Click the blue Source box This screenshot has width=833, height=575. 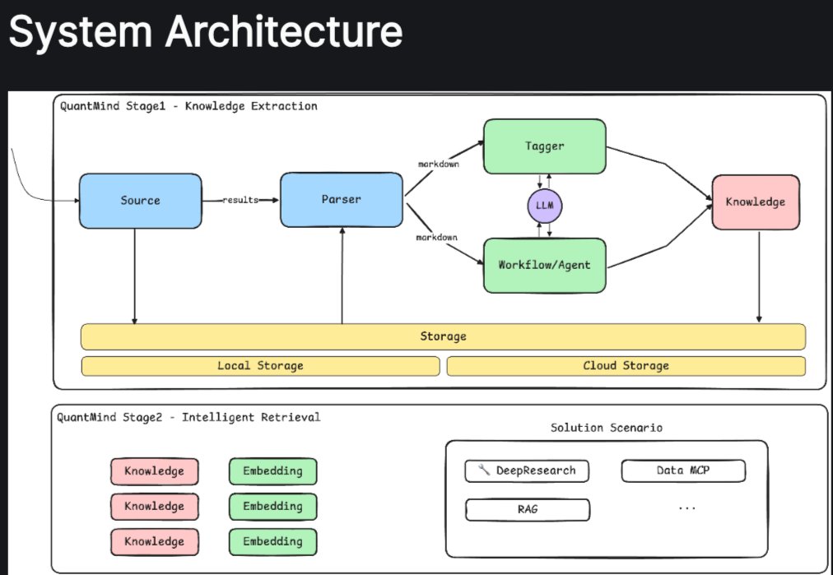coord(140,201)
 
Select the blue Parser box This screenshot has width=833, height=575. coord(341,200)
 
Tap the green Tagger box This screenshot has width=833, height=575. coord(545,146)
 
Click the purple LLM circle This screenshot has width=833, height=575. coord(545,206)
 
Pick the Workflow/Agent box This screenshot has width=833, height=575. coord(545,265)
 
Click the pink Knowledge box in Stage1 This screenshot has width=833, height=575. coord(756,202)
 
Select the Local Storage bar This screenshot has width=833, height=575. coord(260,366)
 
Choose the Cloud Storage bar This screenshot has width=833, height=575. coord(626,366)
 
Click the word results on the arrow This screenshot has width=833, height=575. coord(240,200)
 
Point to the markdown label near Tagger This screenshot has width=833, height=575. coord(438,164)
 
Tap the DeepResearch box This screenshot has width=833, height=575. coord(527,471)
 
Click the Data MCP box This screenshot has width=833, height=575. coord(683,471)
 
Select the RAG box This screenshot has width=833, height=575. coord(528,510)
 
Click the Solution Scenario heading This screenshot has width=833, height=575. coord(606,428)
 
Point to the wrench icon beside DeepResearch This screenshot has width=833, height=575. coord(484,470)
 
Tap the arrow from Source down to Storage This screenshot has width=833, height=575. coord(134,276)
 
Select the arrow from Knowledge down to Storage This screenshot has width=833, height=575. coord(759,276)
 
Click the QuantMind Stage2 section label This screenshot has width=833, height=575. coord(188,417)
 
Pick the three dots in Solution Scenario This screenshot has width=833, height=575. coord(687,508)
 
